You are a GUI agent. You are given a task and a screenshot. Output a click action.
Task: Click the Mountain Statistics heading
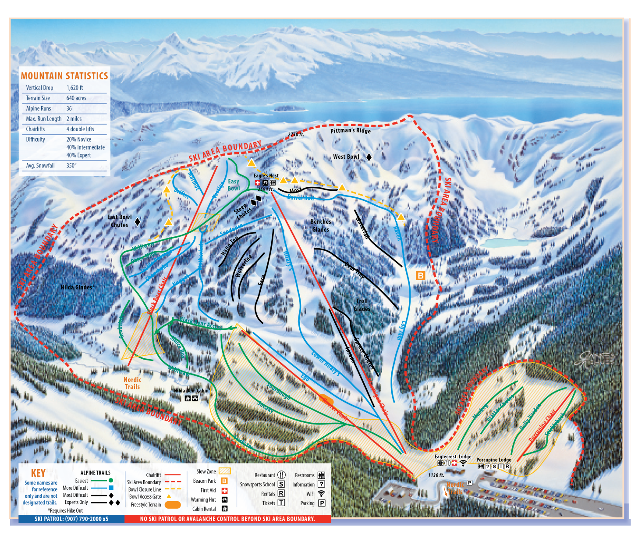point(64,76)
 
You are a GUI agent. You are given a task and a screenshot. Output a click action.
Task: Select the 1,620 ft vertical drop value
point(74,88)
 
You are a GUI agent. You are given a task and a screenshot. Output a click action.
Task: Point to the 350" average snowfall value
point(71,166)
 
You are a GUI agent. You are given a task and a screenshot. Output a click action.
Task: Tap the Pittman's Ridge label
point(350,130)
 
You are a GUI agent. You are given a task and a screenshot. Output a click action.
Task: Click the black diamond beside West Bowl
point(369,157)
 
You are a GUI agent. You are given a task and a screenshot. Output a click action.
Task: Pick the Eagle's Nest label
point(266,175)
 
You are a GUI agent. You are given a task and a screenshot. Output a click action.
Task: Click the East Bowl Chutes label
point(119,221)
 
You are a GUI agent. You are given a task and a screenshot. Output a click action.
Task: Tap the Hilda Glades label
point(78,287)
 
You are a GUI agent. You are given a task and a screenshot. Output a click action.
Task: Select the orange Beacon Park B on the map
point(420,275)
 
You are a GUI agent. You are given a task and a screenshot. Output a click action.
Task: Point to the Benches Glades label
point(321,225)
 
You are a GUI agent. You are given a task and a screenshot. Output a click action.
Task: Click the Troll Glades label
point(362,305)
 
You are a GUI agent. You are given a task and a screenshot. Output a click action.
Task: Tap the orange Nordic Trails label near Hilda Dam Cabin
point(132,383)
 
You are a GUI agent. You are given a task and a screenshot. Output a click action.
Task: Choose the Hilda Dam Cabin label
point(191,391)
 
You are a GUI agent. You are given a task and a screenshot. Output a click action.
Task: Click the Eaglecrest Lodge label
point(453,457)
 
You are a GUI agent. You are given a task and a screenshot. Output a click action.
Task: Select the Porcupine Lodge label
point(494,460)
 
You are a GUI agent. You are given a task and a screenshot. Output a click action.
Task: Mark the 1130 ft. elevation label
point(436,475)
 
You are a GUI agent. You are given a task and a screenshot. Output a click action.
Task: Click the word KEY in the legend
point(38,473)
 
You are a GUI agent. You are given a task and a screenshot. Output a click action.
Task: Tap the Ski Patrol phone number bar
point(71,519)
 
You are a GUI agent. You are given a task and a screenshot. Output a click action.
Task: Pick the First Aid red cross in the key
point(224,490)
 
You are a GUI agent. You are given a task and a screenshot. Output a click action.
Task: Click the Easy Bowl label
point(234,185)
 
